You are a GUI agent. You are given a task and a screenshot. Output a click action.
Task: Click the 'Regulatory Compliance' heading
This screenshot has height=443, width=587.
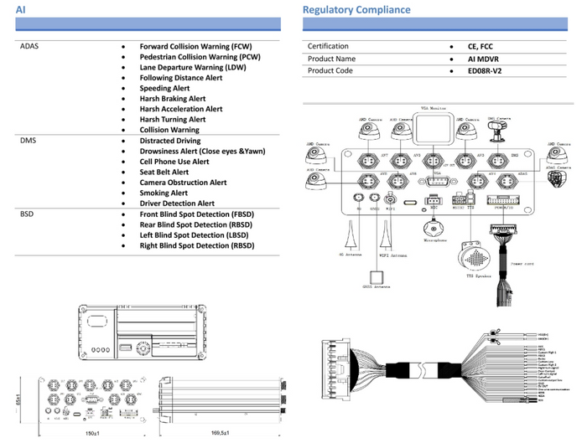click(x=356, y=10)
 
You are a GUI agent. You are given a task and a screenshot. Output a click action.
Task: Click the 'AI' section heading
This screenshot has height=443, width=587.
click(x=20, y=10)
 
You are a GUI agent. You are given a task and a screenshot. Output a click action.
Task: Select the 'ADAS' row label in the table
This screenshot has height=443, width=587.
click(x=29, y=46)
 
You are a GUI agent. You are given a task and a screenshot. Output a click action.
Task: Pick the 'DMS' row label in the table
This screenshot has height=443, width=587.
click(x=29, y=141)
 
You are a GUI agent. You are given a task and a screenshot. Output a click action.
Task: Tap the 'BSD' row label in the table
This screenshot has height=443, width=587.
click(x=28, y=214)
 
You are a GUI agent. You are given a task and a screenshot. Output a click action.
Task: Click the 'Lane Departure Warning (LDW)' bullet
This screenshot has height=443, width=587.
click(x=194, y=67)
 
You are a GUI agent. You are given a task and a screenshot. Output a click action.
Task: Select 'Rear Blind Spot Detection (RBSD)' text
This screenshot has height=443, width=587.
click(x=197, y=224)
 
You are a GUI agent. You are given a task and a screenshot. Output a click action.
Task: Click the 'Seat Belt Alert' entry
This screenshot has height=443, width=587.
click(x=164, y=172)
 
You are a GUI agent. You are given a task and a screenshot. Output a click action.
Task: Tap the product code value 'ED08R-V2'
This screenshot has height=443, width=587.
click(x=484, y=71)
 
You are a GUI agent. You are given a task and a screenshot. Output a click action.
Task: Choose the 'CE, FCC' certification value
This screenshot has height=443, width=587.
click(x=481, y=46)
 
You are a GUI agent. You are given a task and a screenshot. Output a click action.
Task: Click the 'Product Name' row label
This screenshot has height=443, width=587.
click(x=331, y=59)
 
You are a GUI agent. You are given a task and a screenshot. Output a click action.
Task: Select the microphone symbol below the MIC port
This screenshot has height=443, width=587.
click(x=434, y=229)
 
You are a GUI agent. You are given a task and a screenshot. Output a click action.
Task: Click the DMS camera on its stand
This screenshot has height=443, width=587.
click(x=501, y=131)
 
